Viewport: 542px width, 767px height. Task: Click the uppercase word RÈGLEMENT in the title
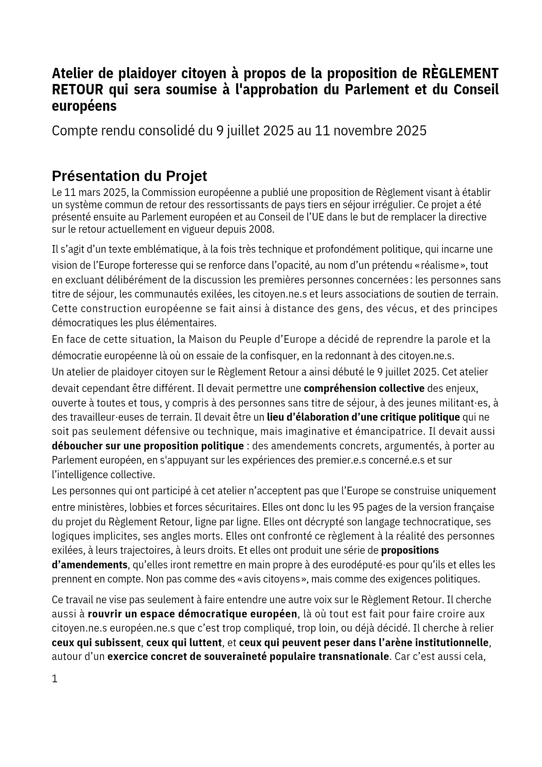[460, 73]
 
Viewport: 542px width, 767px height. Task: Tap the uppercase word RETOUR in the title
[77, 89]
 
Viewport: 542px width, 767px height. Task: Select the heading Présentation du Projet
[129, 176]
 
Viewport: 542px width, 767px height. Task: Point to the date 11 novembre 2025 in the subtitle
[370, 131]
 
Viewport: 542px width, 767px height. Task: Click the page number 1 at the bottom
[55, 679]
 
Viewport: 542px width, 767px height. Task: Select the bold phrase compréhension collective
[364, 388]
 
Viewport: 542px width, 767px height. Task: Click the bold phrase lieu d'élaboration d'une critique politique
[363, 417]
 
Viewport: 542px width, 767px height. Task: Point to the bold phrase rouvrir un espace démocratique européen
[192, 614]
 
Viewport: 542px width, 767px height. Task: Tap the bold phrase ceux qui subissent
[96, 642]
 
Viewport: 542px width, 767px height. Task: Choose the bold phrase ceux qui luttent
[184, 642]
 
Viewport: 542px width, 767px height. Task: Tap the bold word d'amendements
[90, 565]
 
